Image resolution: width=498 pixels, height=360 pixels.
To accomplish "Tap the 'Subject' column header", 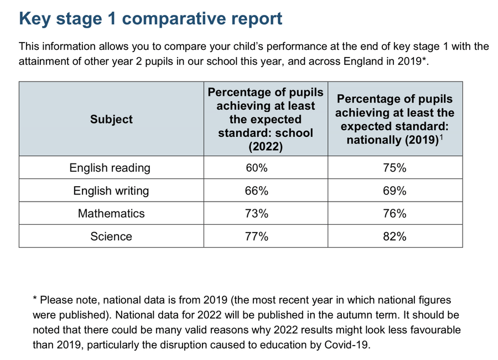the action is tap(111, 119).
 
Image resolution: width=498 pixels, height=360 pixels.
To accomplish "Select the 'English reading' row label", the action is tap(110, 168).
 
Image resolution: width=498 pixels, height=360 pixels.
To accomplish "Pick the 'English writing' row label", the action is tap(111, 191).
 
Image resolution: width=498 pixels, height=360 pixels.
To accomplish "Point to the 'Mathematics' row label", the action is tap(111, 213).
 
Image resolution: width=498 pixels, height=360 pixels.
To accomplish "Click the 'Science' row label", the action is tap(111, 236).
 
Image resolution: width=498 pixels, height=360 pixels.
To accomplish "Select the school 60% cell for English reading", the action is tap(257, 168).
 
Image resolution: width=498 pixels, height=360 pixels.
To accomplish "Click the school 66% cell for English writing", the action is tap(257, 191).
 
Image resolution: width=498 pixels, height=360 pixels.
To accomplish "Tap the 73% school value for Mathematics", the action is tap(257, 213).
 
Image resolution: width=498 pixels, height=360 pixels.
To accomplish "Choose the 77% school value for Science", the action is tap(257, 236).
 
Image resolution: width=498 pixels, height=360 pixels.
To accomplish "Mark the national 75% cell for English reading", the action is tap(395, 168).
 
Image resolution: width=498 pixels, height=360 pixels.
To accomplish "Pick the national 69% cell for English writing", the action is tap(395, 191).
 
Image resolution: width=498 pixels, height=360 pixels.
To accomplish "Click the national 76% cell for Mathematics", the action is tap(395, 213).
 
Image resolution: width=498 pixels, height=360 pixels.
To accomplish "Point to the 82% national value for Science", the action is tap(395, 236).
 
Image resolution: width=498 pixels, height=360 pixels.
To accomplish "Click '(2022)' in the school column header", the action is tap(266, 147).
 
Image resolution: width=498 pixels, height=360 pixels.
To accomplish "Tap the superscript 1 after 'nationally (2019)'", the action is tap(441, 137).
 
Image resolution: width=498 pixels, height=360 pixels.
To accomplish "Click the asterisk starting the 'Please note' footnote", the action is tap(35, 299).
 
